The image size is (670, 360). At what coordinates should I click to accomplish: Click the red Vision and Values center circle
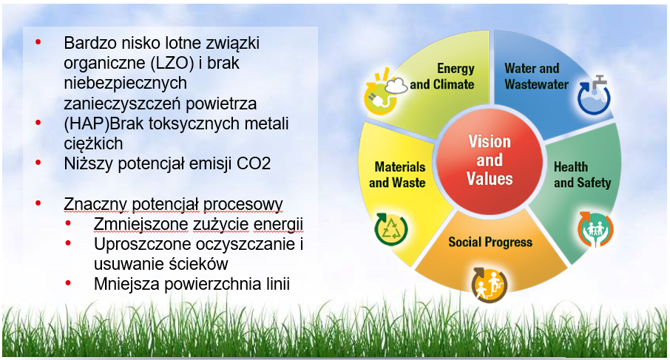click(490, 160)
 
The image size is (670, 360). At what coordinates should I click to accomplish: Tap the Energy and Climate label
click(442, 76)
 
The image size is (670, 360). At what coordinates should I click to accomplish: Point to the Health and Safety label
click(583, 174)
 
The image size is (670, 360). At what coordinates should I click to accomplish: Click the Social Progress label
click(490, 242)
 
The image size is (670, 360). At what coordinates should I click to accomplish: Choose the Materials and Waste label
click(397, 174)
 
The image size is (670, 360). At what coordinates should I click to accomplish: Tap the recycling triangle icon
click(391, 229)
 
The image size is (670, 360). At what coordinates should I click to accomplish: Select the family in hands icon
click(595, 229)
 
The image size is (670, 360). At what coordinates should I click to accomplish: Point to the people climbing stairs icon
click(490, 285)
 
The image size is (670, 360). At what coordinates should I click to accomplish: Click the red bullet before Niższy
click(38, 163)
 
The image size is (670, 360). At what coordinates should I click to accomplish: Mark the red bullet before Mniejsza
click(68, 282)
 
